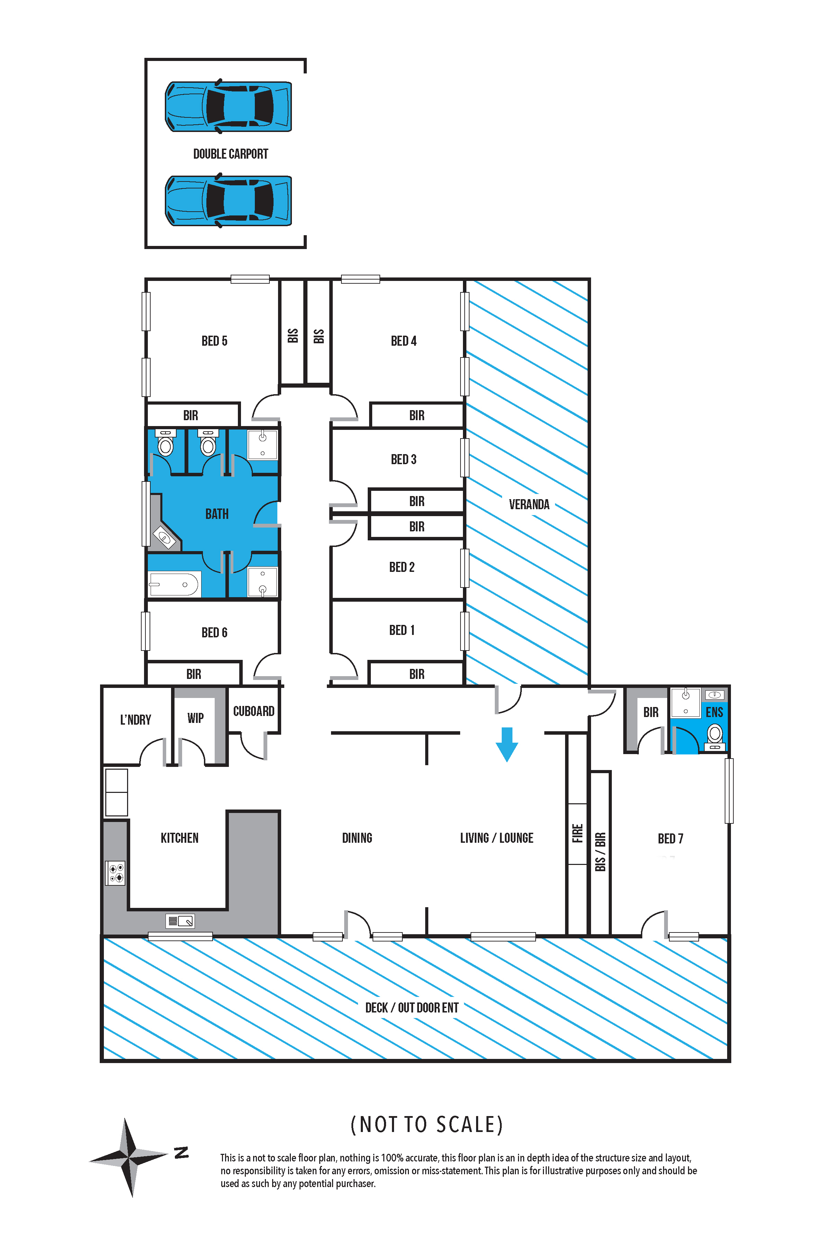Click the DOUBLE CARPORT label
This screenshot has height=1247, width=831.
pyautogui.click(x=231, y=154)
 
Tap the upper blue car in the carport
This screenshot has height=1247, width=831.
pyautogui.click(x=229, y=106)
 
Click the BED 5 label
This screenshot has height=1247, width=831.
pyautogui.click(x=214, y=341)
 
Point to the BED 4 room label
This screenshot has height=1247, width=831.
pyautogui.click(x=404, y=341)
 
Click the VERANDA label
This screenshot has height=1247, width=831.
pyautogui.click(x=529, y=504)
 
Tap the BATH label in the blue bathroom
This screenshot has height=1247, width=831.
pyautogui.click(x=217, y=514)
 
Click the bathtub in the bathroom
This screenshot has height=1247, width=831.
pyautogui.click(x=174, y=584)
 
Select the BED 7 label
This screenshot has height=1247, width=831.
pyautogui.click(x=670, y=838)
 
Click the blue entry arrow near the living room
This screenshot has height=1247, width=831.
pyautogui.click(x=507, y=744)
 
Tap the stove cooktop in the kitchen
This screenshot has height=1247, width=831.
pyautogui.click(x=116, y=873)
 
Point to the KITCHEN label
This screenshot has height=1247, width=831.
pyautogui.click(x=180, y=838)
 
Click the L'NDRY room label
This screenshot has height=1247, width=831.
pyautogui.click(x=136, y=719)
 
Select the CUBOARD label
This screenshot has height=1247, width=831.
pyautogui.click(x=254, y=711)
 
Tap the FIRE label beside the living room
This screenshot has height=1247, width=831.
pyautogui.click(x=577, y=833)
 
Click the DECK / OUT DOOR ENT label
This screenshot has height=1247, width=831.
pyautogui.click(x=412, y=1007)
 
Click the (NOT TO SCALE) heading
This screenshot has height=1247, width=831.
pyautogui.click(x=427, y=1124)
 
